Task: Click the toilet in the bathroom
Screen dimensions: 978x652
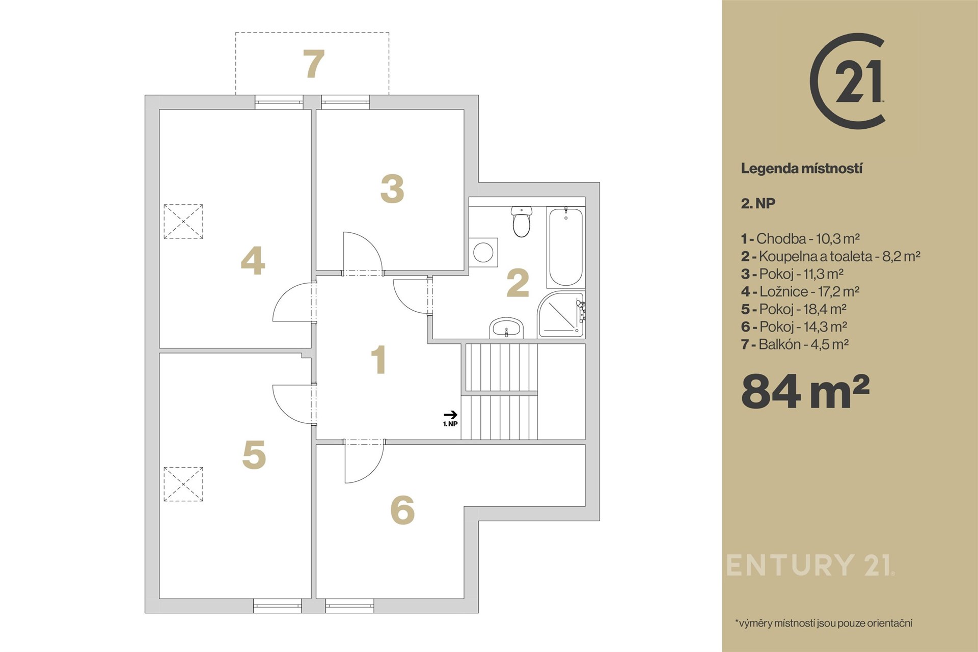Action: [x=521, y=222]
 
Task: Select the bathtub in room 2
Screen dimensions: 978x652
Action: [x=565, y=247]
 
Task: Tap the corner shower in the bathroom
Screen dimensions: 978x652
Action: [x=561, y=314]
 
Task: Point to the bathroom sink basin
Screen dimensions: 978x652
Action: [x=507, y=328]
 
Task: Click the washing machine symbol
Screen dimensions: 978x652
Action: [x=483, y=252]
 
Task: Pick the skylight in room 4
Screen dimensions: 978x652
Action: [x=183, y=222]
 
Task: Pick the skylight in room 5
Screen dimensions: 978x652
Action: [x=183, y=484]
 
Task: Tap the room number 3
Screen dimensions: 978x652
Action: [x=392, y=189]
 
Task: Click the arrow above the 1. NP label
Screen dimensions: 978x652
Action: [x=451, y=415]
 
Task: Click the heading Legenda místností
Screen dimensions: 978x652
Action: [x=802, y=169]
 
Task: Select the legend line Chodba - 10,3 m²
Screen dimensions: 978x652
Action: [x=801, y=238]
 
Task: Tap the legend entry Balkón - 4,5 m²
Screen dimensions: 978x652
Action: [x=795, y=344]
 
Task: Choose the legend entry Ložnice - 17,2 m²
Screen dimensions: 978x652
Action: [x=800, y=291]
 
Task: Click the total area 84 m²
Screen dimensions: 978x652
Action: [x=805, y=391]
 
